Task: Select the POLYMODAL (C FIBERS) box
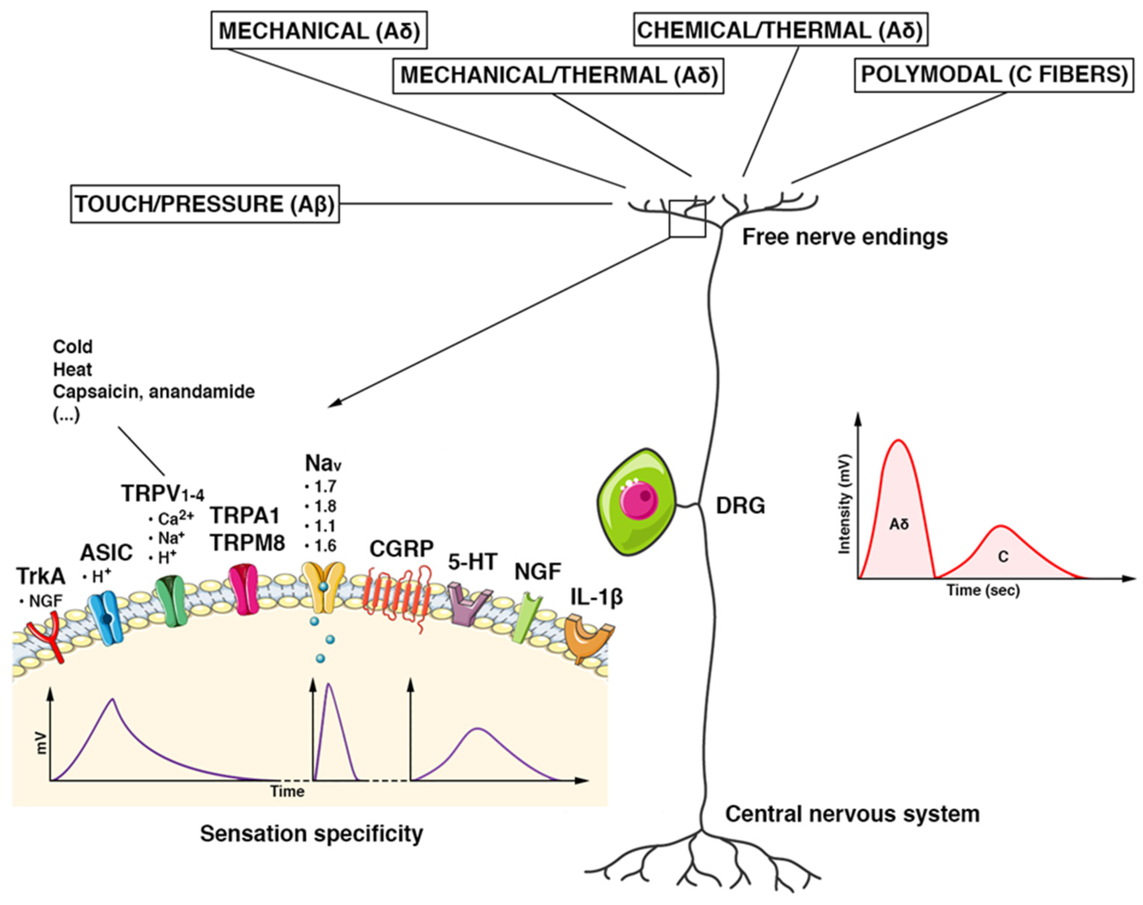(994, 75)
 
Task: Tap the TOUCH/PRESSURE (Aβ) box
(205, 204)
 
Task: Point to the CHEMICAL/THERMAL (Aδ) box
(780, 30)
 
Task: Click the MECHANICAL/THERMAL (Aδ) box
(558, 76)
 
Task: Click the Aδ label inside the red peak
(899, 524)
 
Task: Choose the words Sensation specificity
(312, 833)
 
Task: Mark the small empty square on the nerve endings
(687, 219)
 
